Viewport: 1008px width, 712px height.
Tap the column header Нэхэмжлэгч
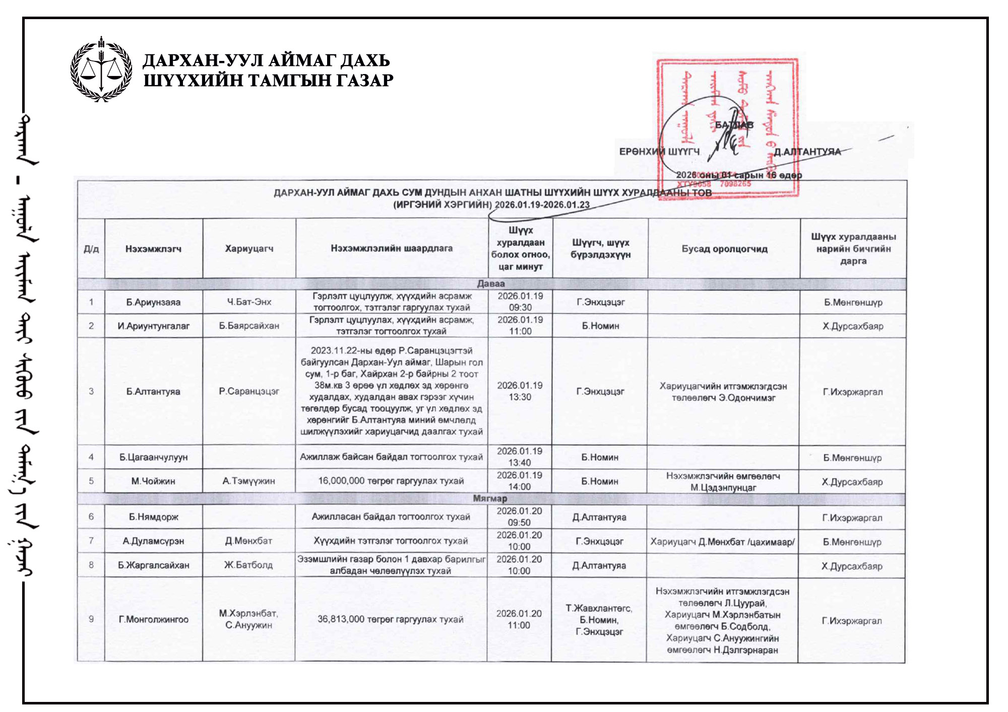(153, 249)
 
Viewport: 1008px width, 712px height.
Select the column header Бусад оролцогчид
(724, 249)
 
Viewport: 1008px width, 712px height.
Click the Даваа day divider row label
(490, 283)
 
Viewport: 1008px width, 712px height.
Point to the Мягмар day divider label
(490, 499)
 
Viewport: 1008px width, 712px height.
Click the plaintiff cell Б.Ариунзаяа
(153, 302)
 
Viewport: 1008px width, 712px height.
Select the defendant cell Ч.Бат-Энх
(249, 302)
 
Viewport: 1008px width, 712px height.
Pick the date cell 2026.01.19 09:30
(520, 302)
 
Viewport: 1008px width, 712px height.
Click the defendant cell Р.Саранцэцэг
(249, 391)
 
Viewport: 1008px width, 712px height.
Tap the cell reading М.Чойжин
(153, 481)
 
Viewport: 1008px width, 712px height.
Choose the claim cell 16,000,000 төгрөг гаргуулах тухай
(391, 481)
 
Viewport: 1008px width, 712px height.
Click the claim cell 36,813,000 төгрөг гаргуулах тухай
(391, 619)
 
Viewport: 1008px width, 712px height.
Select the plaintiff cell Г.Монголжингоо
(153, 620)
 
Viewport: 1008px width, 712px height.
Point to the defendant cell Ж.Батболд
(248, 565)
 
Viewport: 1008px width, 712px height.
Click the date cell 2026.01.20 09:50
(519, 517)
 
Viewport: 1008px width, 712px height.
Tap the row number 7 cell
(91, 541)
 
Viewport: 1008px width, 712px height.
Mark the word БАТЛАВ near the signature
(734, 125)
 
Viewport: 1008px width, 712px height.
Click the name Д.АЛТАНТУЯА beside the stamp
(807, 152)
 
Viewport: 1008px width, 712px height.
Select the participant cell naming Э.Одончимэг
(723, 392)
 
